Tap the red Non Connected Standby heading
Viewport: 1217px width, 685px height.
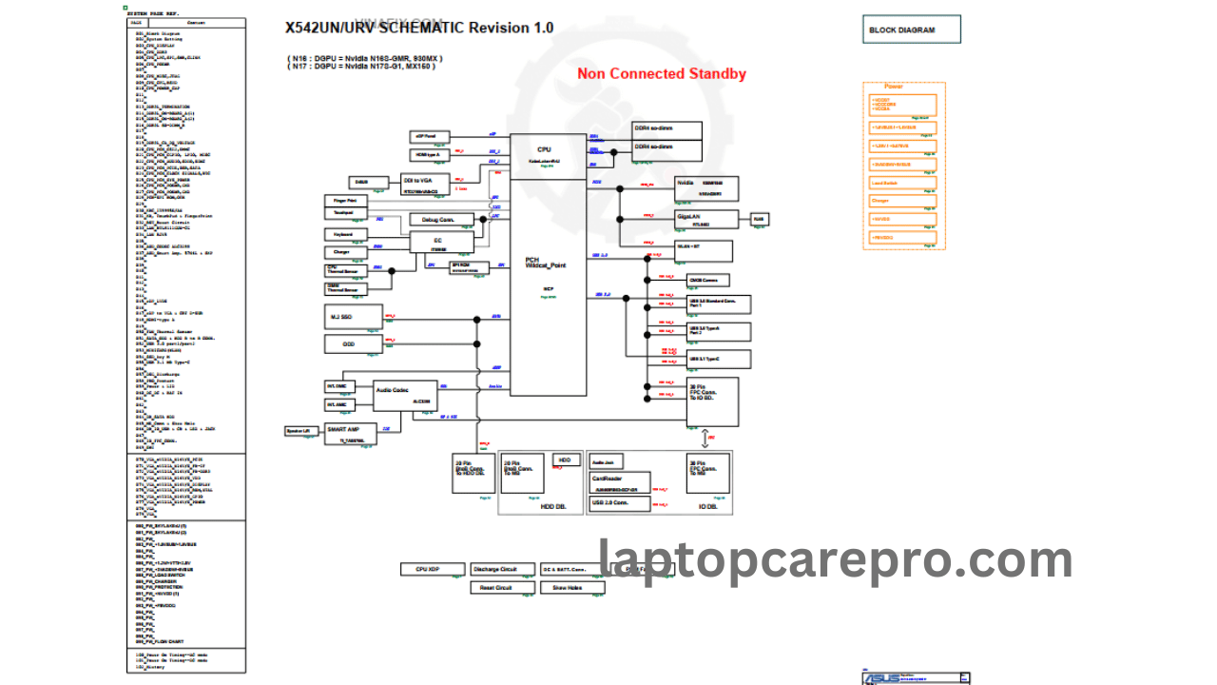[x=662, y=74]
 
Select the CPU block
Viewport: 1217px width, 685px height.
[x=547, y=156]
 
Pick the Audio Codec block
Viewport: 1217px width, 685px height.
[x=404, y=395]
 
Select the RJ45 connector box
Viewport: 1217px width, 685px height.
[x=759, y=219]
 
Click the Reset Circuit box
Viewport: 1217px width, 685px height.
[x=502, y=588]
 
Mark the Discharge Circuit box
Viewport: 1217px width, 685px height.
[x=502, y=569]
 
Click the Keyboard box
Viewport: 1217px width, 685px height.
[x=345, y=234]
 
